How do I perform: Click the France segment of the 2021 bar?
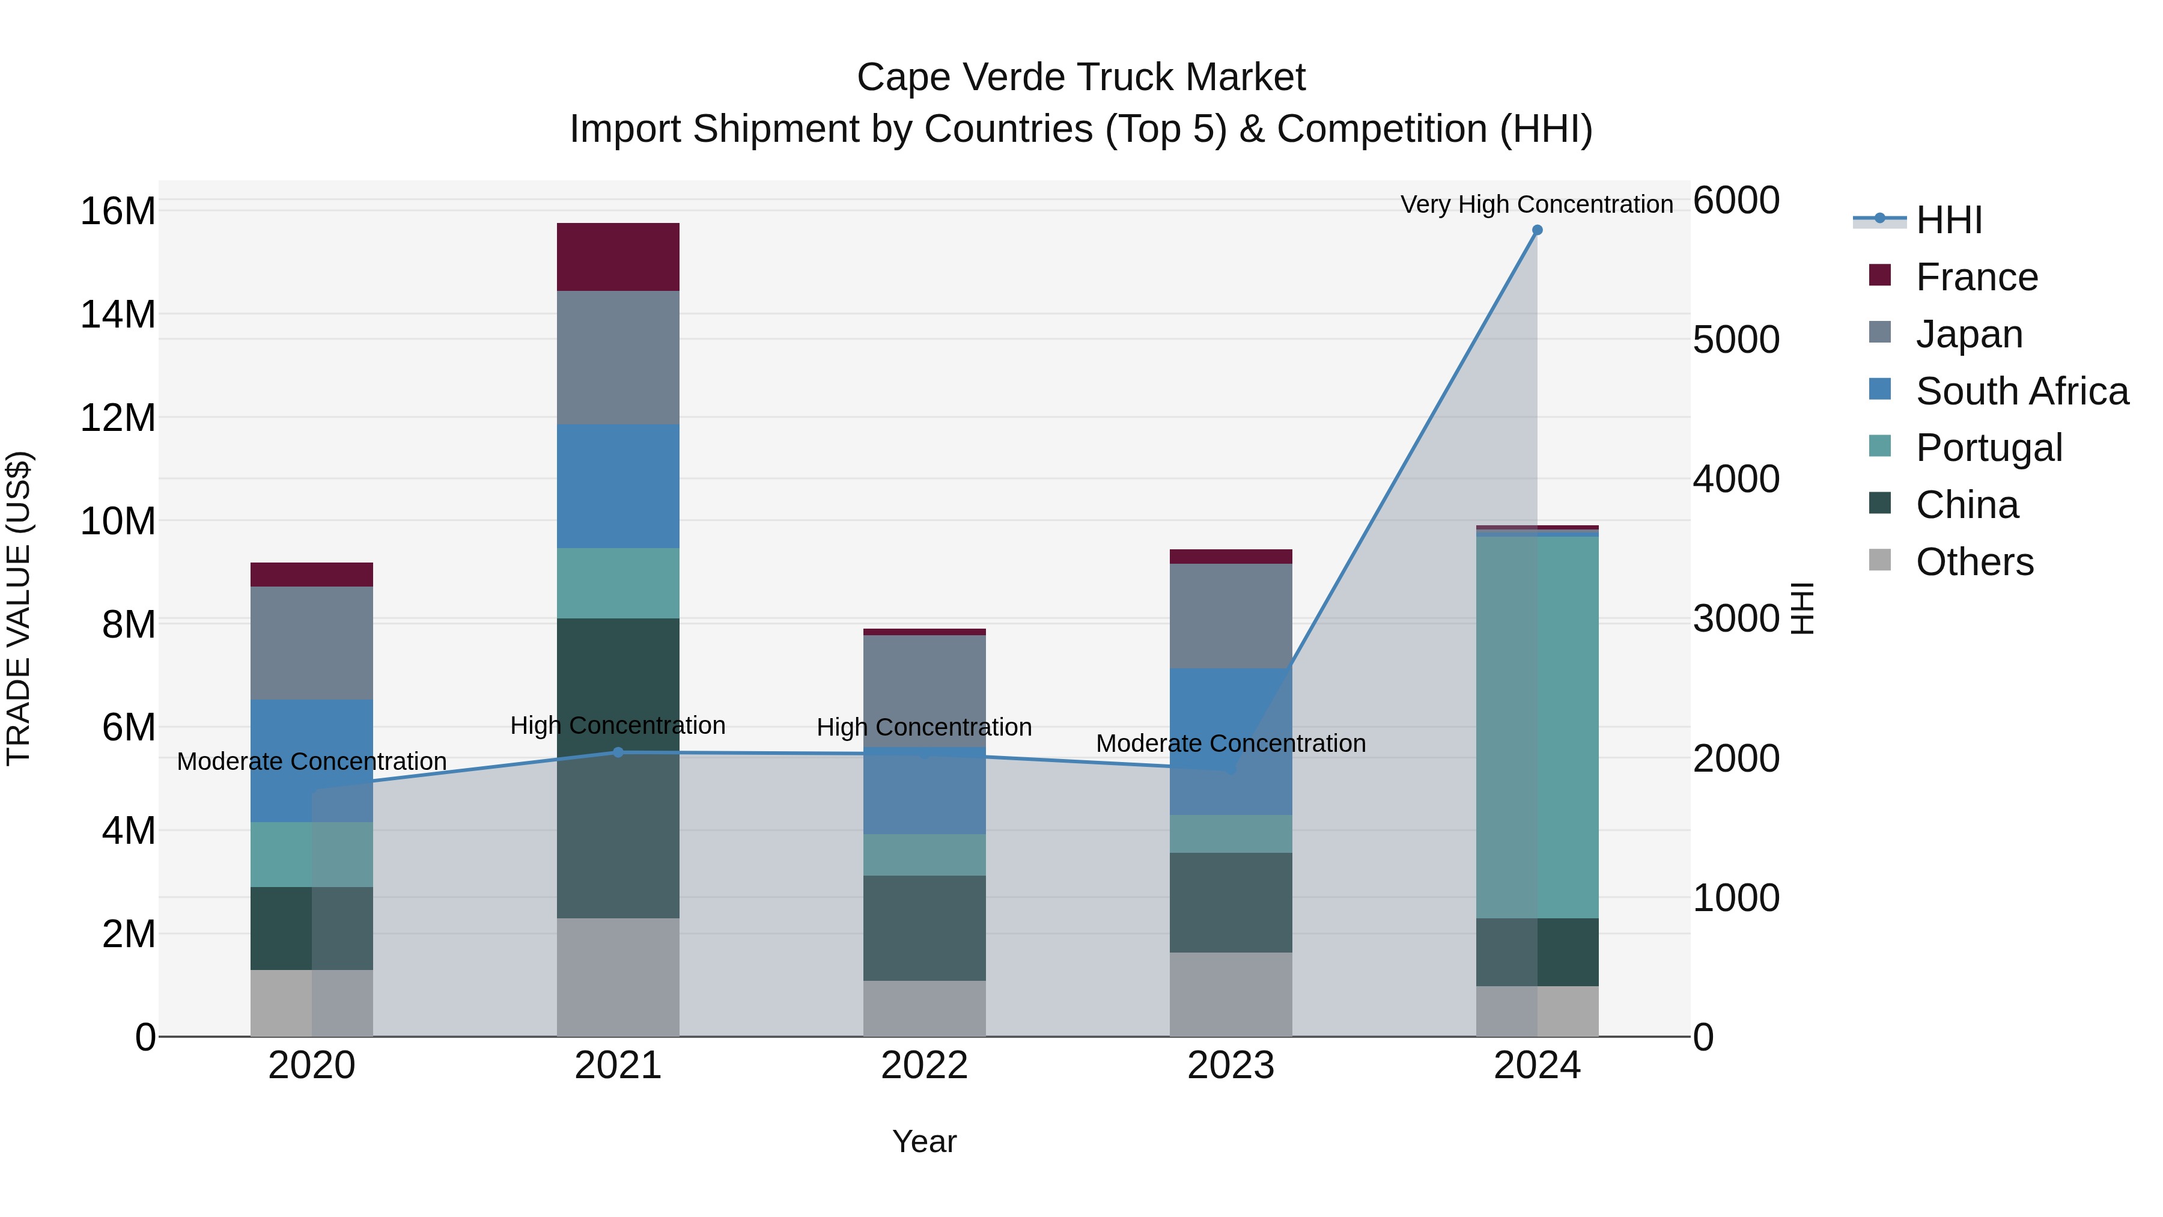tap(618, 257)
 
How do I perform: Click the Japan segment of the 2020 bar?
tap(311, 642)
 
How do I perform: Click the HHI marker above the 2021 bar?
tap(618, 752)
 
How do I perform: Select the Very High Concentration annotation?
tap(1536, 204)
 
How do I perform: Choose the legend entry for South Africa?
tap(2021, 391)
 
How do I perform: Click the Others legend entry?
tap(1974, 562)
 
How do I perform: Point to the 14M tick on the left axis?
tap(118, 315)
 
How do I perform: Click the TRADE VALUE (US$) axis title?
tap(19, 608)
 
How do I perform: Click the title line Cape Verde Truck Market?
tap(1081, 78)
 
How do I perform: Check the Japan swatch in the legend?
tap(1880, 332)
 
